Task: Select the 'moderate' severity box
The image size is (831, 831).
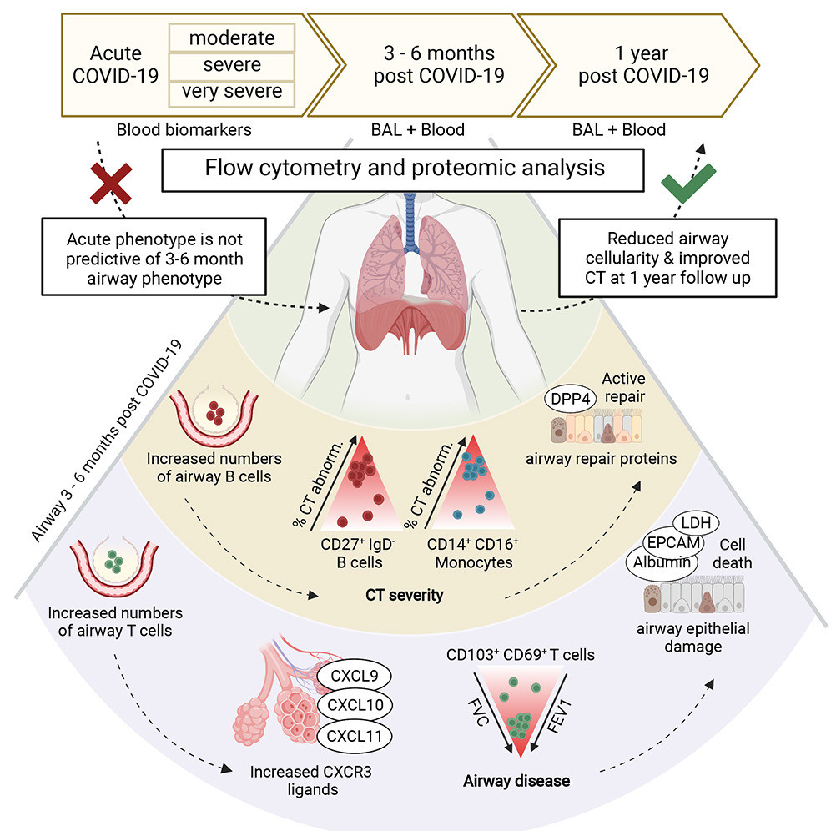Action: pos(232,38)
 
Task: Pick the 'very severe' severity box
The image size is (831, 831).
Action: pos(232,91)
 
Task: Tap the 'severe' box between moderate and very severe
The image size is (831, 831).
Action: pos(232,64)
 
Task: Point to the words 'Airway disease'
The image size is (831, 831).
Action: pos(517,782)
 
